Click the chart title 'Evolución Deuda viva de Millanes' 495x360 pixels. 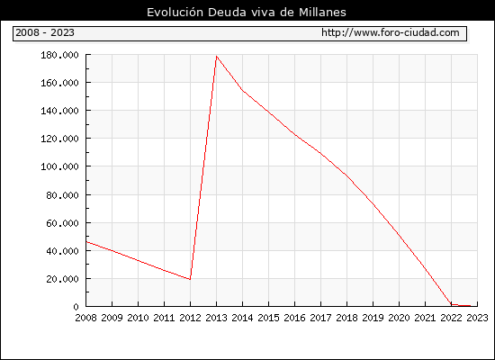[x=247, y=13]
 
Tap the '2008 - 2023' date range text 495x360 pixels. [x=45, y=32]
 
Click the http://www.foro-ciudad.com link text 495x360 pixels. [x=391, y=32]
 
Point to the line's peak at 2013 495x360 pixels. [x=216, y=57]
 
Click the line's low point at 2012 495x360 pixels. [x=190, y=279]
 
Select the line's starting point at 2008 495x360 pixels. [x=86, y=242]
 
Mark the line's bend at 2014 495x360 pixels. [x=242, y=90]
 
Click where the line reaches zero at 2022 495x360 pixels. [x=452, y=304]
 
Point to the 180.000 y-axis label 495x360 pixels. [x=59, y=55]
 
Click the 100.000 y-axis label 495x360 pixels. [x=59, y=166]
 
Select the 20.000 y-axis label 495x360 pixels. [x=62, y=279]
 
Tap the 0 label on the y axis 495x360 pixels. [x=76, y=307]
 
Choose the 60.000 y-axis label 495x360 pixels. [x=62, y=223]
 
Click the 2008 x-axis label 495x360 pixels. [x=85, y=318]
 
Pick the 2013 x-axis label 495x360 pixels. [x=216, y=318]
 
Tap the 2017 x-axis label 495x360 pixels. [x=320, y=318]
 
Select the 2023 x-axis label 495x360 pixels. [x=477, y=318]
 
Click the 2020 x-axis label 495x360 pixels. [x=399, y=318]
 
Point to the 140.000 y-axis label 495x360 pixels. [x=59, y=111]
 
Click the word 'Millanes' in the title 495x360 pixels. [x=322, y=13]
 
